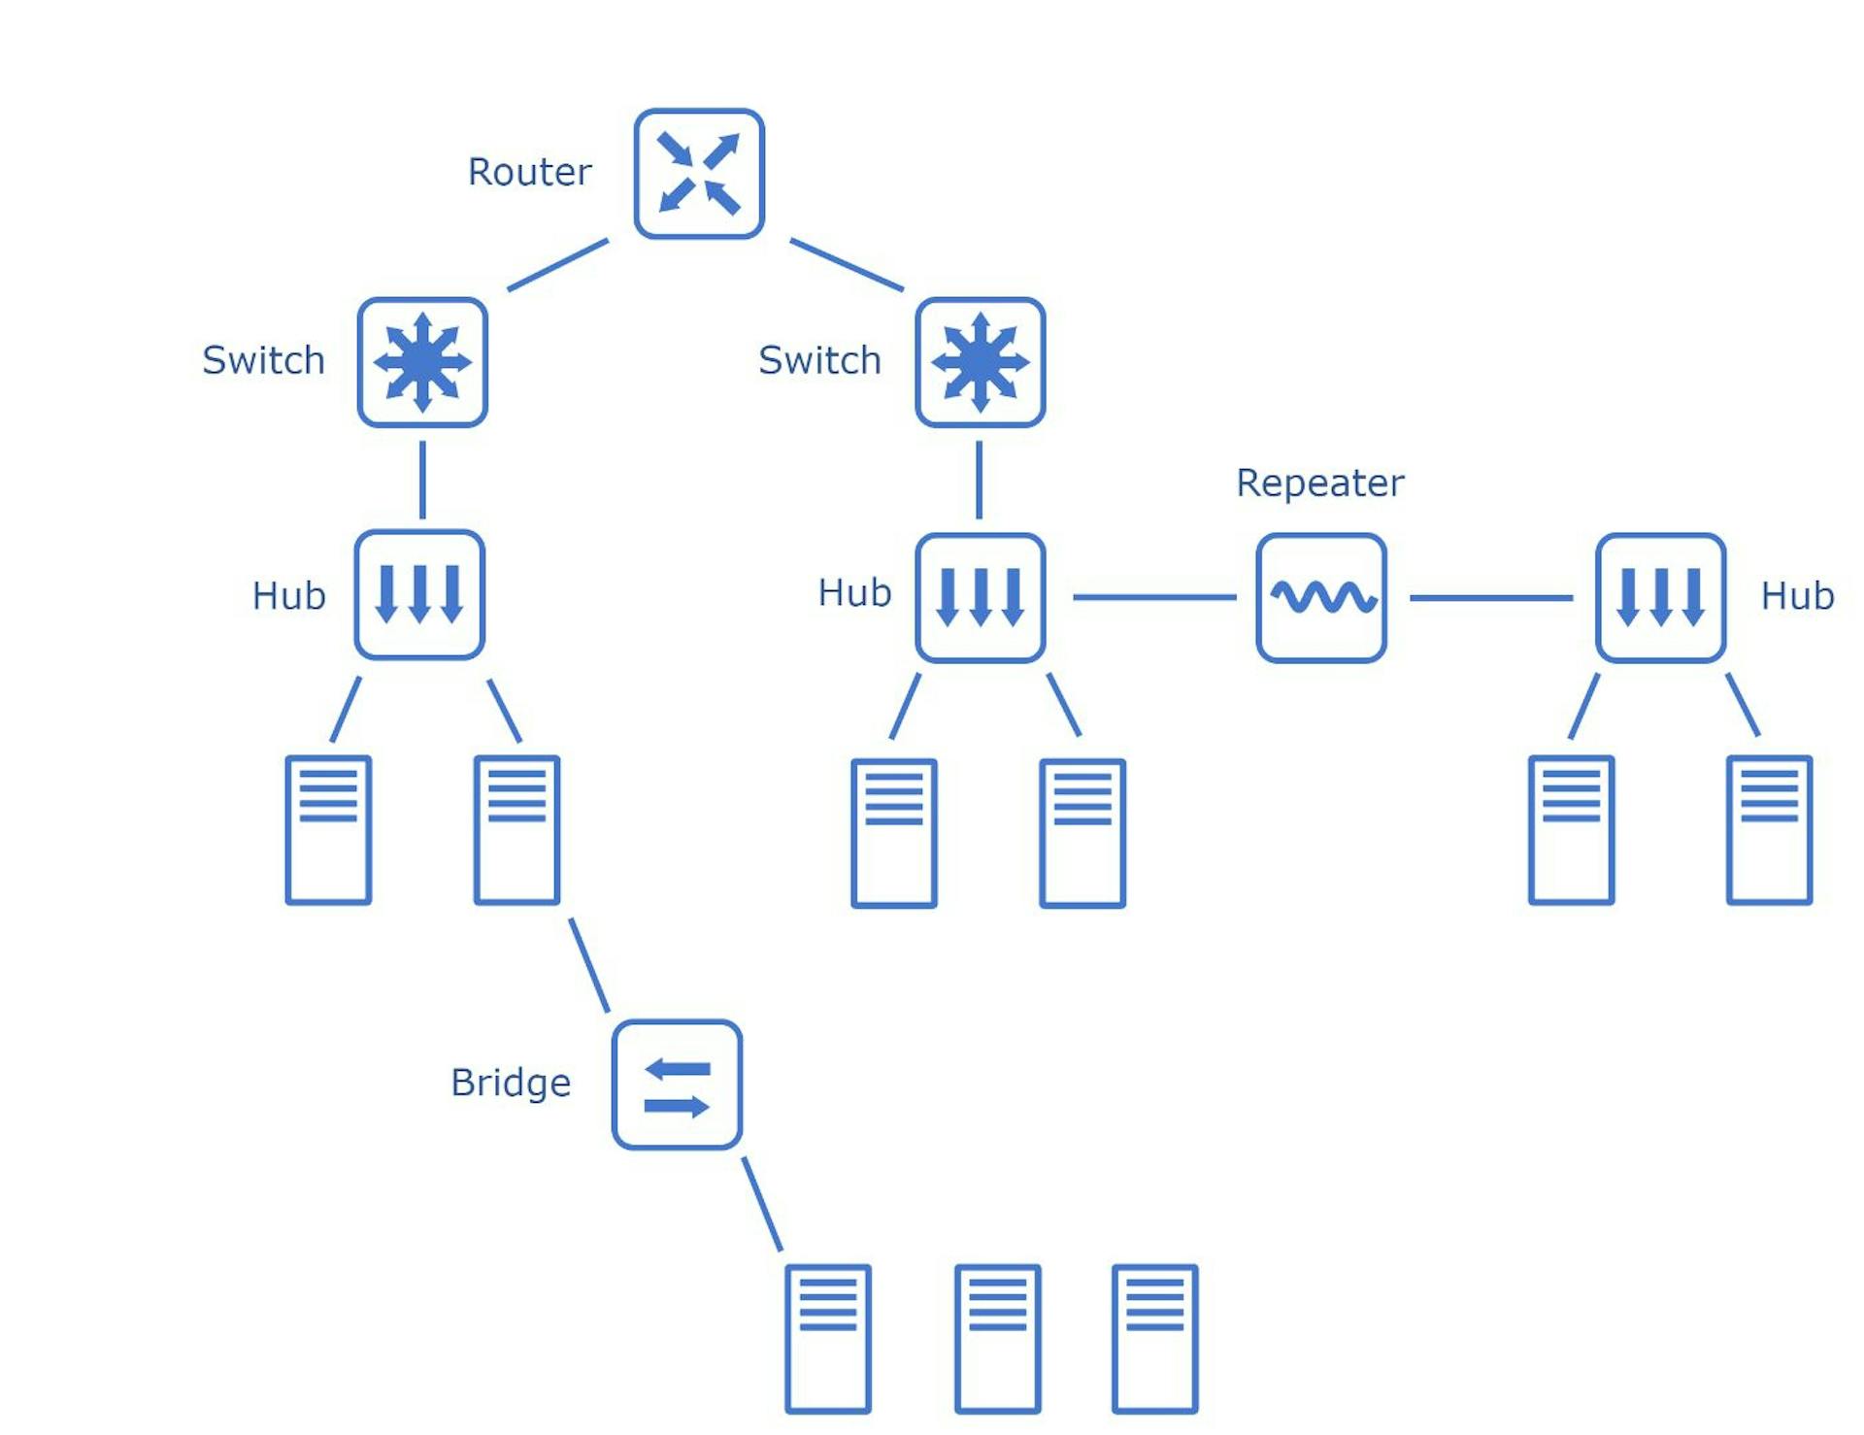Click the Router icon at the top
click(x=699, y=174)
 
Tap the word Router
click(x=529, y=172)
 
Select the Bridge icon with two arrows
click(x=677, y=1085)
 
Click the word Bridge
click(x=511, y=1083)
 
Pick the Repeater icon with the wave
click(x=1320, y=598)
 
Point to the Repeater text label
click(x=1319, y=483)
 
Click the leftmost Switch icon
click(x=422, y=362)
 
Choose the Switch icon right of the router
click(x=981, y=362)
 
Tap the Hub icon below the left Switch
click(x=419, y=594)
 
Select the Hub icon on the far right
click(x=1660, y=598)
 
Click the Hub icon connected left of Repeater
click(x=981, y=598)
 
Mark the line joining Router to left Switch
click(x=558, y=264)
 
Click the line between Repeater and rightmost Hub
click(x=1491, y=598)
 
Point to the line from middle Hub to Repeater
click(x=1154, y=597)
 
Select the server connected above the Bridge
click(x=516, y=830)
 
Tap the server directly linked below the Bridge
click(x=828, y=1339)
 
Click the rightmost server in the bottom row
click(x=1154, y=1339)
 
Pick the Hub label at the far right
click(x=1797, y=595)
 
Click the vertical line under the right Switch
click(x=979, y=480)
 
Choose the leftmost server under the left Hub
click(x=328, y=830)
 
